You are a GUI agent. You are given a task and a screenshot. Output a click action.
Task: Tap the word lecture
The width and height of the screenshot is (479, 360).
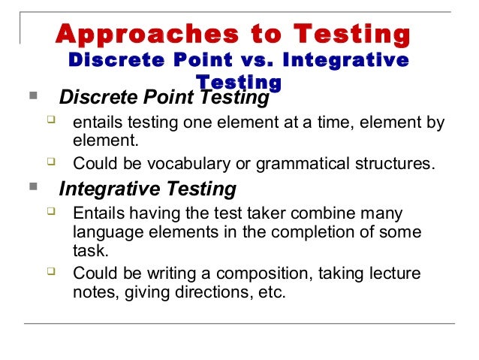tap(393, 273)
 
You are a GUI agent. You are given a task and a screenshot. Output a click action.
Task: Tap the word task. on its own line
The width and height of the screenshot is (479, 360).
tap(89, 251)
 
